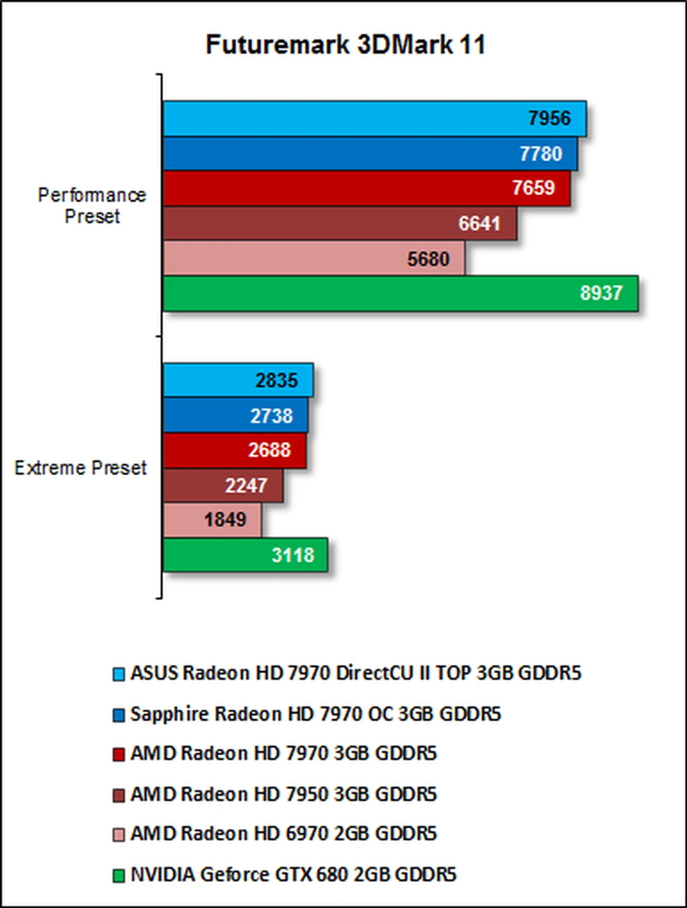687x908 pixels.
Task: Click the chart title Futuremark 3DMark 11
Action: click(345, 44)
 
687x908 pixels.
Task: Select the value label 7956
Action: click(549, 118)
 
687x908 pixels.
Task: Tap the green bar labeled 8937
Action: click(400, 293)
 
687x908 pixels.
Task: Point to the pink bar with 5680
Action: click(314, 258)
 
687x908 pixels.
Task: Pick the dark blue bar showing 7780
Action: click(370, 153)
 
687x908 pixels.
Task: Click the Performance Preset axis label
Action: click(92, 206)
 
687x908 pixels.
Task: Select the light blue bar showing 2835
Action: click(238, 380)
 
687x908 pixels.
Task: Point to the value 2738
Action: click(272, 416)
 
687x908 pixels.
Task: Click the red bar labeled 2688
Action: click(234, 450)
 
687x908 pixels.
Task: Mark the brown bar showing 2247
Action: click(223, 485)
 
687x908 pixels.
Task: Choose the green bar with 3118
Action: click(245, 555)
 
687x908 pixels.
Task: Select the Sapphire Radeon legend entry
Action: click(315, 714)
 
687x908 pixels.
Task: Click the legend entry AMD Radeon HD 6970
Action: click(283, 834)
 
